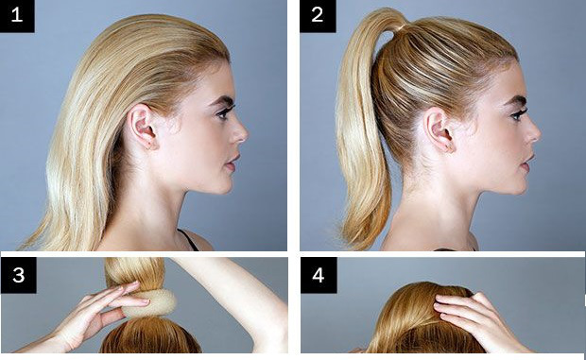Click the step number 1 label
click(17, 16)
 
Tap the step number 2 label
click(318, 16)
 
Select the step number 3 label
click(18, 275)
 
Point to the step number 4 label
click(319, 275)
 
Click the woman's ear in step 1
click(142, 127)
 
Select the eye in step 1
click(224, 112)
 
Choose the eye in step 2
click(518, 114)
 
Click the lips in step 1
click(233, 163)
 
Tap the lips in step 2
click(527, 163)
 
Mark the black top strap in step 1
click(189, 240)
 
